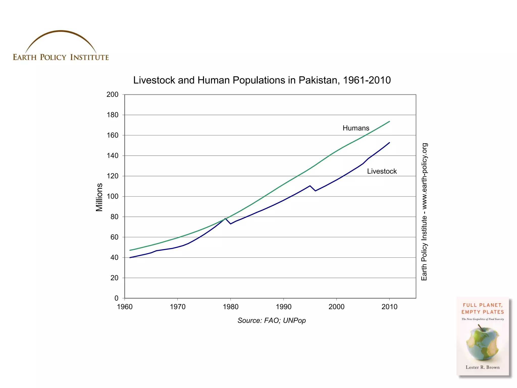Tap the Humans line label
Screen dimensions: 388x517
pos(356,128)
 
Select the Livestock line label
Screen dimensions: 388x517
pos(382,171)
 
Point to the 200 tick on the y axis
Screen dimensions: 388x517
pos(112,94)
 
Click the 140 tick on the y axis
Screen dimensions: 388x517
pos(112,156)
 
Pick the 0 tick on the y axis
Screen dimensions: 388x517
pos(116,298)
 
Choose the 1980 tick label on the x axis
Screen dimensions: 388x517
pos(230,307)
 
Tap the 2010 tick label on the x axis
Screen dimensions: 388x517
pos(389,307)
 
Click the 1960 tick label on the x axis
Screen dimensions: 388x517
pos(125,307)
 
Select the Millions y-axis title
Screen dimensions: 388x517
pos(99,197)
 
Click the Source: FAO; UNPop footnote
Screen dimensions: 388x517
pos(271,321)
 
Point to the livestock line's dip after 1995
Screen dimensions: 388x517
pos(315,191)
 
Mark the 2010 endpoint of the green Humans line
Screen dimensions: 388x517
pos(390,121)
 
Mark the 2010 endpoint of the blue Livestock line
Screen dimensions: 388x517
pos(390,143)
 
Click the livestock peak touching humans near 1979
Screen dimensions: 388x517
pos(225,219)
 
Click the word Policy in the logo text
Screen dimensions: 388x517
pos(53,57)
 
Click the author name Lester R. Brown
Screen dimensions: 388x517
pos(482,367)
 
